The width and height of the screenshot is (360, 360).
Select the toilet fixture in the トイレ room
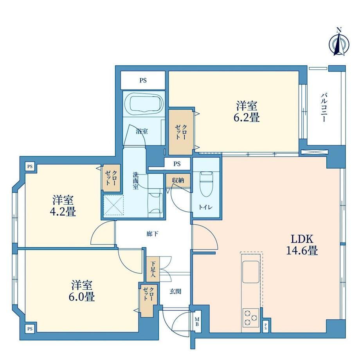[x=206, y=184]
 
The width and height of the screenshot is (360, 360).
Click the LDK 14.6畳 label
[x=302, y=245]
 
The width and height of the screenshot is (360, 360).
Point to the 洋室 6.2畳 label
[x=247, y=112]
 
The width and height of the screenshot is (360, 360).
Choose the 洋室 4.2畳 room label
[x=63, y=205]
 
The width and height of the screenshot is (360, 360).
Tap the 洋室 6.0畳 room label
[x=82, y=291]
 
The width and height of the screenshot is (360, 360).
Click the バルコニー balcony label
[x=324, y=107]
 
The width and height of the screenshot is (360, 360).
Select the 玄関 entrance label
[x=175, y=292]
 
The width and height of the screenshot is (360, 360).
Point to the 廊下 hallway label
[x=153, y=234]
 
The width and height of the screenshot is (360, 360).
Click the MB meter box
[x=197, y=321]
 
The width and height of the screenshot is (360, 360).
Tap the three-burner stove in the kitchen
[x=251, y=318]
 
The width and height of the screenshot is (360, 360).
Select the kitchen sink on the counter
[x=251, y=272]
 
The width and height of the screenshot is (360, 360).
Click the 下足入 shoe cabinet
[x=153, y=269]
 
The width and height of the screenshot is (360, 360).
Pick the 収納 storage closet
[x=178, y=180]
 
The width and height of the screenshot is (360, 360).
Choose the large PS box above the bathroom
[x=143, y=80]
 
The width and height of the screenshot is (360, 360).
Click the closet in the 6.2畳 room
[x=180, y=132]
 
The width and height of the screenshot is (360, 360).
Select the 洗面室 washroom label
[x=136, y=181]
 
